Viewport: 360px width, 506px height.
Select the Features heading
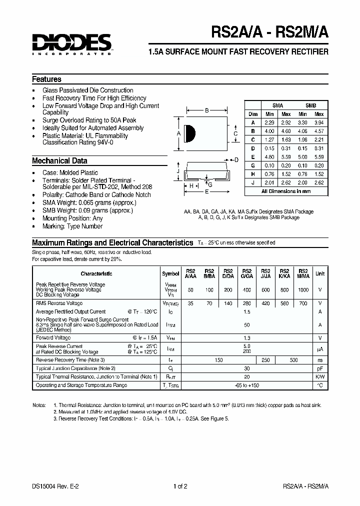pos(46,79)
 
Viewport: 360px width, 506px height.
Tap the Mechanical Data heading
pos(59,161)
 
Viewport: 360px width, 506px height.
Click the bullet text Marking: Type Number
pos(72,226)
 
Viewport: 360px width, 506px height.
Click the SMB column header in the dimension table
pos(310,105)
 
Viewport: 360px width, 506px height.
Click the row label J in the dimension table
pos(253,182)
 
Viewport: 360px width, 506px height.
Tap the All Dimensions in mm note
pos(286,191)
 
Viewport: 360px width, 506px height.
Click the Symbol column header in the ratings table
pos(170,273)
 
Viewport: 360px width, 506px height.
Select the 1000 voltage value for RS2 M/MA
pos(303,290)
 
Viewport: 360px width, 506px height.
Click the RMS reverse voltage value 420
pos(265,303)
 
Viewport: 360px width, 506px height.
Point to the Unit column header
pos(320,273)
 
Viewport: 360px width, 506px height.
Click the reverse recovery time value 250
pos(265,360)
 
